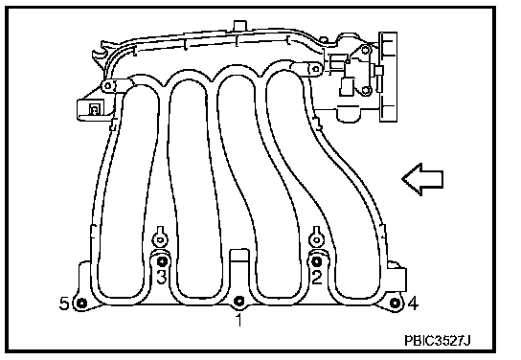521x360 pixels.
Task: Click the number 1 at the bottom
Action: (238, 320)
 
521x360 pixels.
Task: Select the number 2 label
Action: (317, 277)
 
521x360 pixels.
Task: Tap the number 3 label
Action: (162, 277)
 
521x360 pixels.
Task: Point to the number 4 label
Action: (413, 304)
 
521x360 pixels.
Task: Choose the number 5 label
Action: (64, 304)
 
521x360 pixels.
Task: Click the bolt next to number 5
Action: (81, 303)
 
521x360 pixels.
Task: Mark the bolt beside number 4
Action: (395, 303)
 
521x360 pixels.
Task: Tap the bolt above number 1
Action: (238, 302)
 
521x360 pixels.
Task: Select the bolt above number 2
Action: (317, 261)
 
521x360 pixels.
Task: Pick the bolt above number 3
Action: (162, 261)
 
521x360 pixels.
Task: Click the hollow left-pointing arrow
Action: (422, 179)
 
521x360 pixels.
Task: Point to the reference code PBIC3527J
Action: (438, 341)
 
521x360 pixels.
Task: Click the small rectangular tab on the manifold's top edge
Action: (239, 26)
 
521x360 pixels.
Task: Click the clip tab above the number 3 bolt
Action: (160, 236)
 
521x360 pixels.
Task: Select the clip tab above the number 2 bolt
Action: (317, 236)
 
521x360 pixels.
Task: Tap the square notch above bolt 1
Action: (239, 255)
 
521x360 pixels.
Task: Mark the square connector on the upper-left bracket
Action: (94, 109)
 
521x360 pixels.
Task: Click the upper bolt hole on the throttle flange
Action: (366, 50)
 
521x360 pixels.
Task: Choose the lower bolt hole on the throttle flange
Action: (366, 90)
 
